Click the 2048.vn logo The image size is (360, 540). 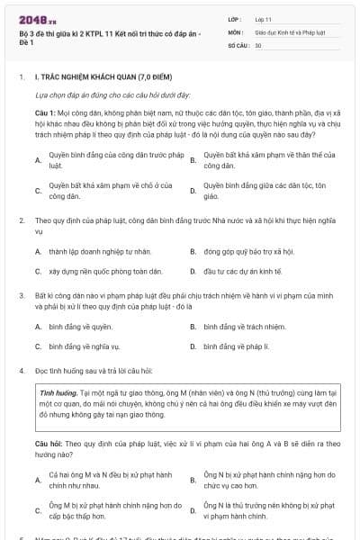click(35, 18)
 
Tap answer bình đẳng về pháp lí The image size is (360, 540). click(236, 346)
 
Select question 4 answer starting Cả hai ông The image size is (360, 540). click(110, 479)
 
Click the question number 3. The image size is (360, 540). click(21, 294)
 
